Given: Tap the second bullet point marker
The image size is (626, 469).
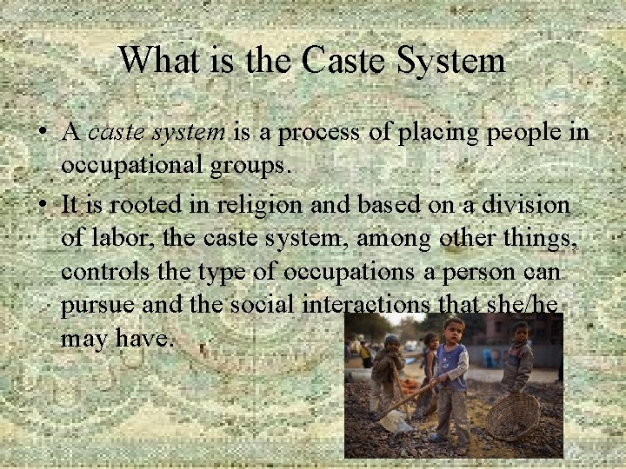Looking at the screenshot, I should (41, 206).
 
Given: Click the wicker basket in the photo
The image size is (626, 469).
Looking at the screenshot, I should (512, 416).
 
